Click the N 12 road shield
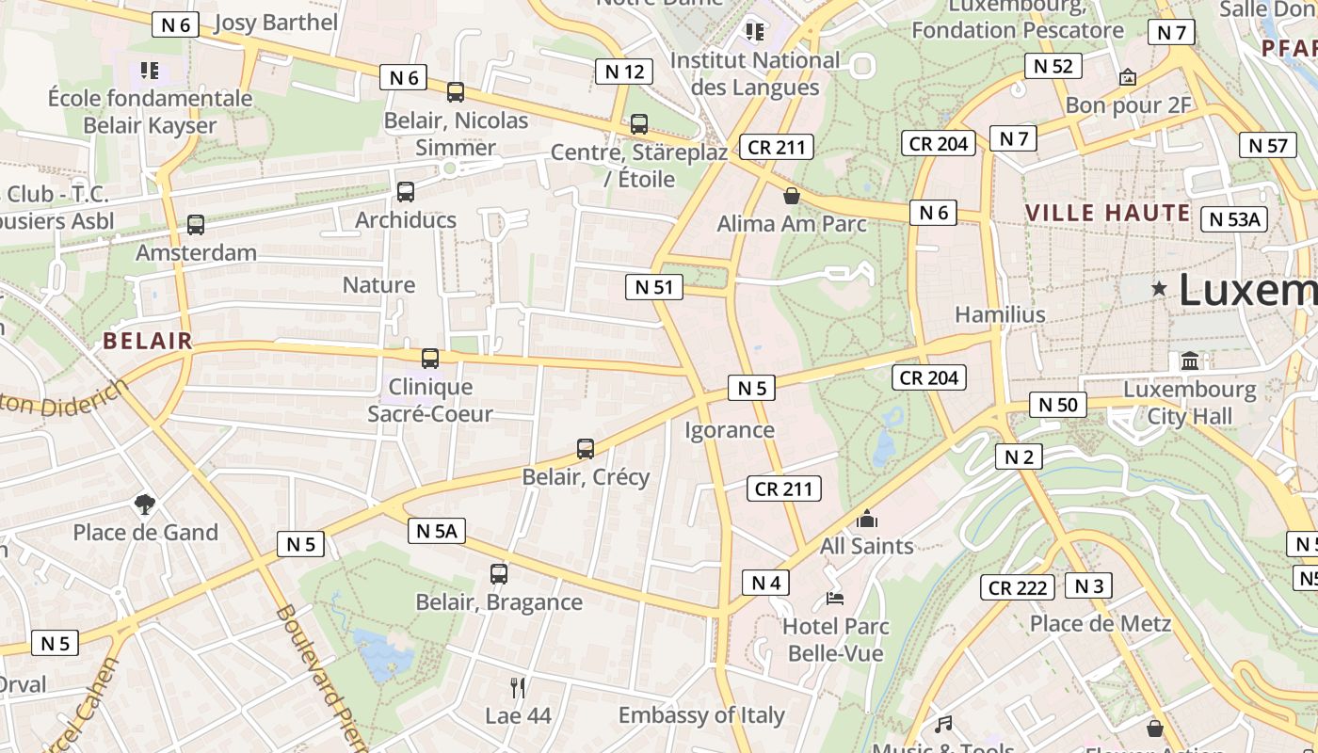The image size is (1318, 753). click(624, 71)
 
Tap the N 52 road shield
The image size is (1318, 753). click(1053, 66)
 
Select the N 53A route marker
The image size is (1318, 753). click(1234, 219)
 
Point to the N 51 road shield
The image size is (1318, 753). click(654, 287)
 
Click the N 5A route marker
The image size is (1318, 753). click(437, 531)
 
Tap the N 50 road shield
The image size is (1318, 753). click(1057, 405)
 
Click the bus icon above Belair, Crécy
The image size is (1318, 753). click(586, 449)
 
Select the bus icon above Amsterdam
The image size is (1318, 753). click(196, 225)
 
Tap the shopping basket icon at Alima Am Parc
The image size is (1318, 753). click(792, 196)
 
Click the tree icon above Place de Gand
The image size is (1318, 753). click(145, 505)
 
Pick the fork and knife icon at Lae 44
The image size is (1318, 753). click(517, 687)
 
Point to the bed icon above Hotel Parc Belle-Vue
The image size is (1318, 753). click(834, 598)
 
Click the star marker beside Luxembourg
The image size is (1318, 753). click(1159, 289)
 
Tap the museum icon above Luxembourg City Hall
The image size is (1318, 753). click(1190, 361)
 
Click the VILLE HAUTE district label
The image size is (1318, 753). click(1108, 213)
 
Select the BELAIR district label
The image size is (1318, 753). click(148, 341)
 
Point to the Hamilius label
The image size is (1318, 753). click(1000, 314)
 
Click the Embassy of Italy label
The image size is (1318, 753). click(701, 715)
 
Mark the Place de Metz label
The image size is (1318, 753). click(1101, 623)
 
